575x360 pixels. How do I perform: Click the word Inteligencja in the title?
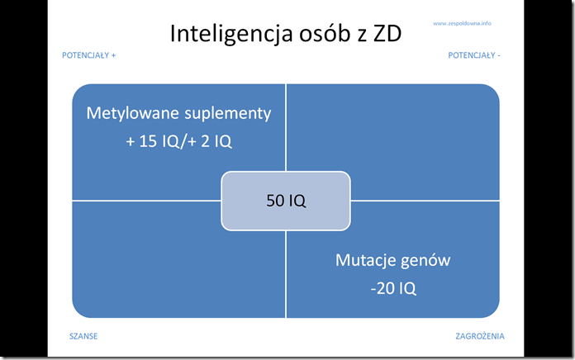tap(232, 34)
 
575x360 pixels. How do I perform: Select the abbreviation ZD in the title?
tap(387, 34)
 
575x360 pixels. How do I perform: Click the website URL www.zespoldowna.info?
tap(462, 23)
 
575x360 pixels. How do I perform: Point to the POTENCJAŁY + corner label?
tap(88, 55)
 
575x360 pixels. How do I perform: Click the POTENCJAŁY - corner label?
tap(474, 55)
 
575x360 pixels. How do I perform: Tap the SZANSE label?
tap(83, 336)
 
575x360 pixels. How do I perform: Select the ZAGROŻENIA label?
tap(480, 336)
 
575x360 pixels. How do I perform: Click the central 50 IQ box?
tap(286, 201)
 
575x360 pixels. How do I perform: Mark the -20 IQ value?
tap(393, 288)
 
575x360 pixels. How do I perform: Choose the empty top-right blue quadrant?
tap(393, 142)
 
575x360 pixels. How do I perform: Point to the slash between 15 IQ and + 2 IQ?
tap(183, 142)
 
